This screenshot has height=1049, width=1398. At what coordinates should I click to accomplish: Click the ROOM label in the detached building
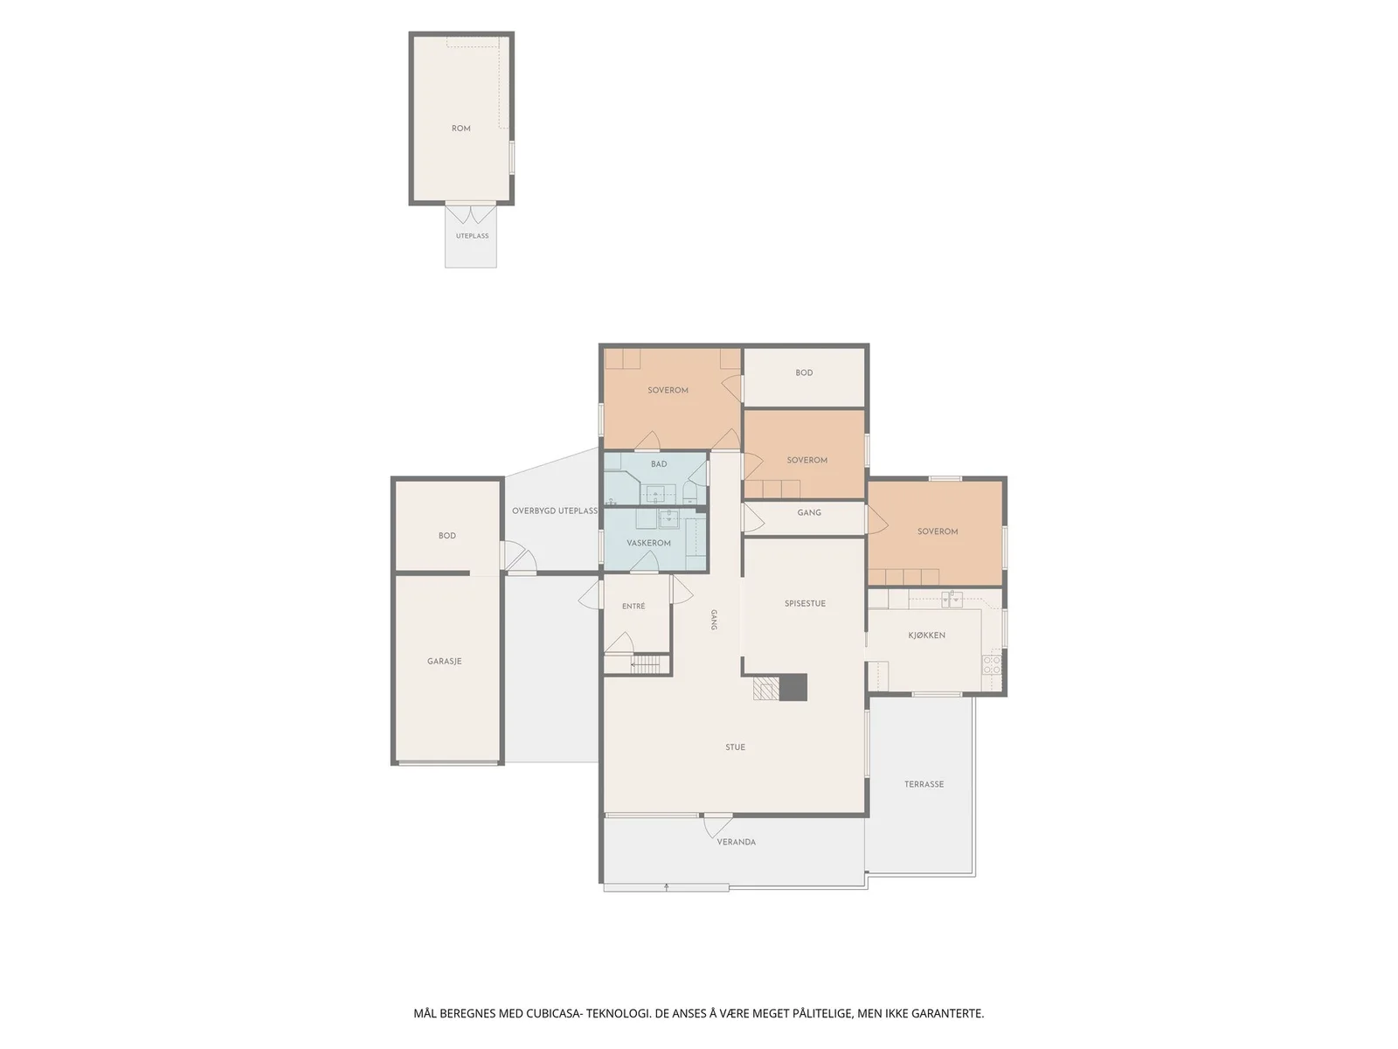click(x=460, y=128)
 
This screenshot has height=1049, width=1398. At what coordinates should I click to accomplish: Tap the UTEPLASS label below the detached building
click(x=472, y=236)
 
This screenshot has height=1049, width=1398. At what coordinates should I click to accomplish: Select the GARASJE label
click(x=444, y=661)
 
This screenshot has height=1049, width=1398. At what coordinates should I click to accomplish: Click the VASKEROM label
click(x=648, y=543)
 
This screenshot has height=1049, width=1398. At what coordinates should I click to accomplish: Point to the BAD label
click(x=659, y=463)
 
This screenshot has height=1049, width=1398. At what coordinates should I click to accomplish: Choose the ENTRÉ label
click(x=633, y=606)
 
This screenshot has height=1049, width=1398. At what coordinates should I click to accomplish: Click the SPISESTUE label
click(x=805, y=603)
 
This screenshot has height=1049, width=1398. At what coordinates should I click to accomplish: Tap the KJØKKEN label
click(x=926, y=635)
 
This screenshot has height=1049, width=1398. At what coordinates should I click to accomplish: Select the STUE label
click(x=735, y=747)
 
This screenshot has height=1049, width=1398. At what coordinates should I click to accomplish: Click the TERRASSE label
click(x=924, y=784)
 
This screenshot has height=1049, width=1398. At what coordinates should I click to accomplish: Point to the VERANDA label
click(x=737, y=841)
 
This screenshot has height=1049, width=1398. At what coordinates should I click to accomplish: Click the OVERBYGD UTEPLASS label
click(x=554, y=511)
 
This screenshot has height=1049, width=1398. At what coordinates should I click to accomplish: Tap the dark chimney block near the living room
click(x=793, y=687)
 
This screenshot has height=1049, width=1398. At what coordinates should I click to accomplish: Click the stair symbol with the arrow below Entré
click(x=645, y=664)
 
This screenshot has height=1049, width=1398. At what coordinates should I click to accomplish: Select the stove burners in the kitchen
click(x=992, y=665)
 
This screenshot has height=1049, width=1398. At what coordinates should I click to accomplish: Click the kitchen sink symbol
click(x=952, y=599)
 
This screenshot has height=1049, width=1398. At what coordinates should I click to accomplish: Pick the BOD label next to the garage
click(x=446, y=536)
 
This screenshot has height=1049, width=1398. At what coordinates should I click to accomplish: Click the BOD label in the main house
click(x=804, y=372)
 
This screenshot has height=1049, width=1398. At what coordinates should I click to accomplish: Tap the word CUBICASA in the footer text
click(x=553, y=1012)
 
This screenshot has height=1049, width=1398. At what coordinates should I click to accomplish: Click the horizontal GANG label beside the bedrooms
click(x=809, y=512)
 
